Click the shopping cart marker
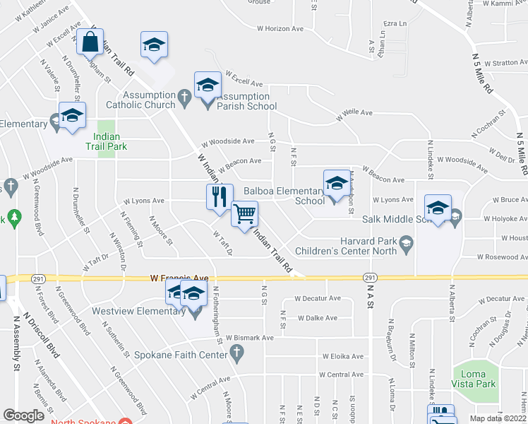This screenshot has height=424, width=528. pos(245,213)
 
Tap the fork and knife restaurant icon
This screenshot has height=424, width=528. pos(220,196)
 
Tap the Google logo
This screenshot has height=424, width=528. pos(23,416)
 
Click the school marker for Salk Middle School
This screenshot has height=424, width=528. pos(438,208)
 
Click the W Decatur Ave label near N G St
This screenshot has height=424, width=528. pos(318,298)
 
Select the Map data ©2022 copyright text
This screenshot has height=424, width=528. pos(498,418)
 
